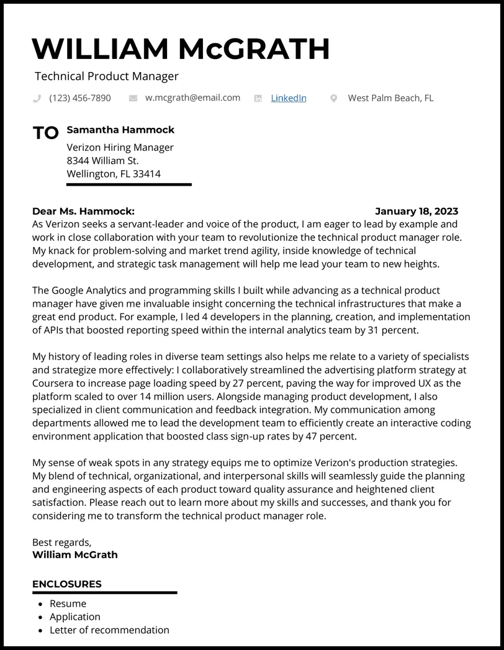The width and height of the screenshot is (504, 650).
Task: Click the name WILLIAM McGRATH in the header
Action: [181, 49]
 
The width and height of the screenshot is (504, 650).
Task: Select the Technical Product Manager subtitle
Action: [106, 76]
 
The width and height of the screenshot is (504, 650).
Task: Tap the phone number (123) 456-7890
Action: [80, 98]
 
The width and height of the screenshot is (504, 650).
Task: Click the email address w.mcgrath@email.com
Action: [192, 97]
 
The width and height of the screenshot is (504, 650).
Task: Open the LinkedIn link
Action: [289, 98]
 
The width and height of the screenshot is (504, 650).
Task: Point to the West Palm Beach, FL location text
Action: [390, 98]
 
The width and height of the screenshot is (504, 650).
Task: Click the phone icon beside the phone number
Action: [37, 98]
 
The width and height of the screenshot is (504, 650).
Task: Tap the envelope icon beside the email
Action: [133, 98]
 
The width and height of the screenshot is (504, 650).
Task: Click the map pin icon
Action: [333, 98]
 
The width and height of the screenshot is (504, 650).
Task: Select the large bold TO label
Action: [45, 133]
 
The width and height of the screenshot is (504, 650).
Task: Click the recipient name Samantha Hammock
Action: [120, 130]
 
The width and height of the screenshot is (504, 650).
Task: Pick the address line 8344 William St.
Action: [102, 161]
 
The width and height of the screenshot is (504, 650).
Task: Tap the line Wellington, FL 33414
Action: [114, 174]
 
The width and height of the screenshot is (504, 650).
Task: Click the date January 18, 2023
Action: [416, 211]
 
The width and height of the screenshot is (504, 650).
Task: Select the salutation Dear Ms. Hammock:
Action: [83, 211]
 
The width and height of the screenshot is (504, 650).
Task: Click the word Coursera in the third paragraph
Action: [54, 383]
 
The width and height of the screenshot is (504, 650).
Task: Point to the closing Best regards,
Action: [61, 542]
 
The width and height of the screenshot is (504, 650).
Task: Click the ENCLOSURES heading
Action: [67, 584]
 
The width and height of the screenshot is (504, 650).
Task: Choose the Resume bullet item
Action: [68, 603]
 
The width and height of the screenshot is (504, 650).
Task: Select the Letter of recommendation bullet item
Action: [109, 630]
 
